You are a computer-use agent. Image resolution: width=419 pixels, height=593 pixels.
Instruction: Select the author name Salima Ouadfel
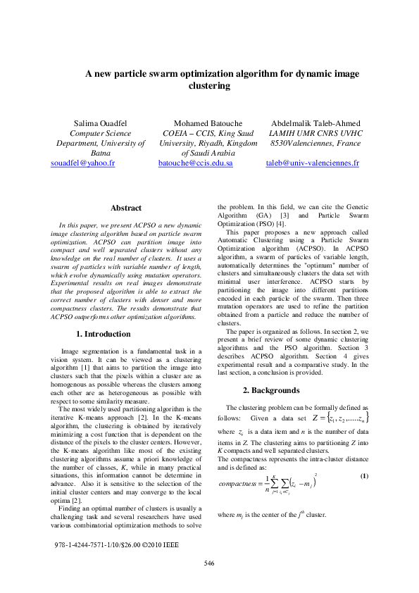click(100, 123)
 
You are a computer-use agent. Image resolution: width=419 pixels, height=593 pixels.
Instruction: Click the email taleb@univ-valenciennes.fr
click(312, 163)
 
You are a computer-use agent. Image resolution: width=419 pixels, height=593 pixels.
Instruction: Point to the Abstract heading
click(126, 208)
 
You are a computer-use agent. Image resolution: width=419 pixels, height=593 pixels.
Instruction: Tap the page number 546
click(209, 582)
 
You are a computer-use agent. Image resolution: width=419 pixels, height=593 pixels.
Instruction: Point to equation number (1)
click(364, 476)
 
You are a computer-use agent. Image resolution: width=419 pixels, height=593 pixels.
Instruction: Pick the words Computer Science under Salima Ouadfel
click(100, 133)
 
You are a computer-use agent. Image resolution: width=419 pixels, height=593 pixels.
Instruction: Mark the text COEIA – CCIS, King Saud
click(206, 133)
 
